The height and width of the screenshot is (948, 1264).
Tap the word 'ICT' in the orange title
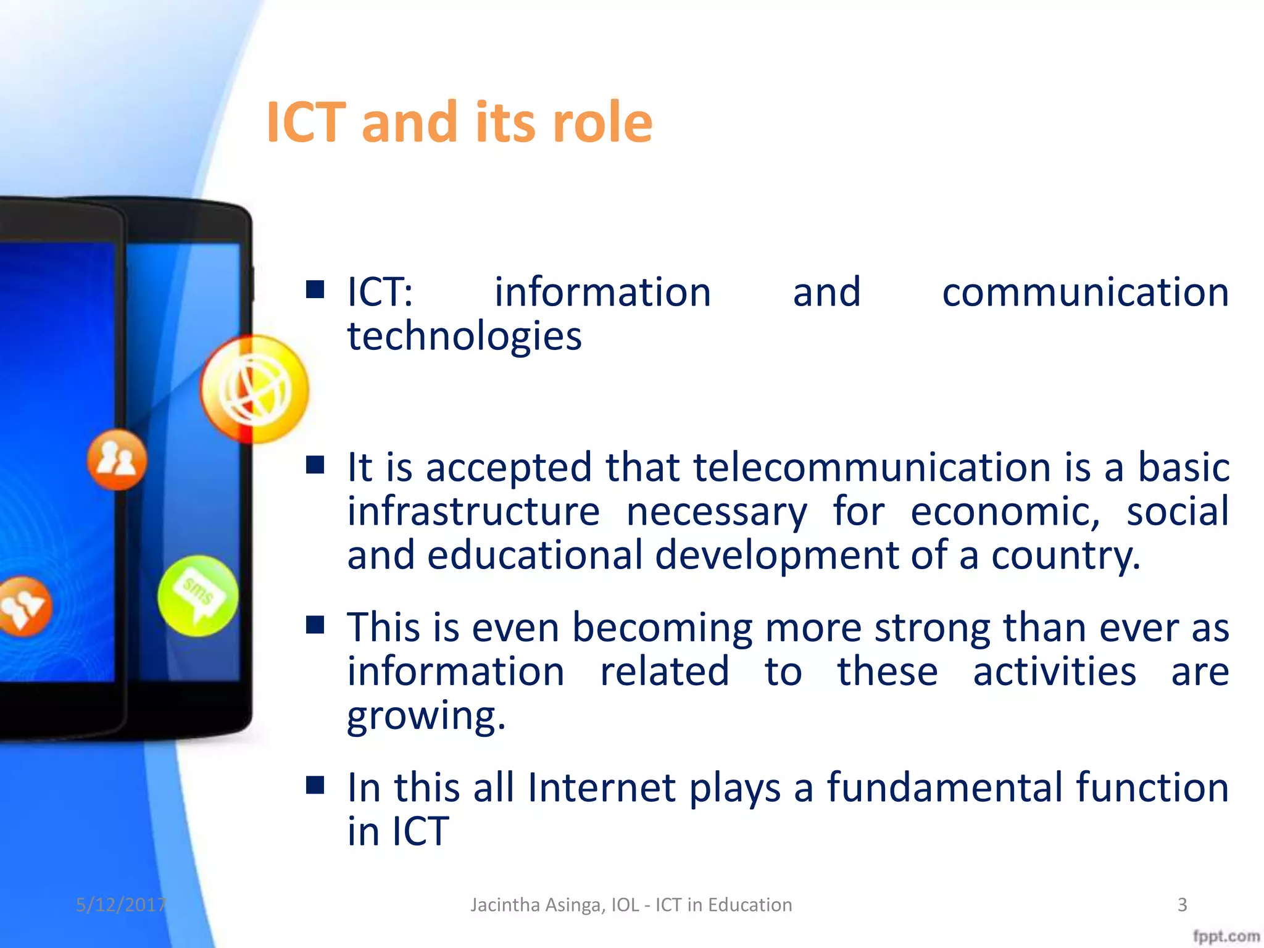point(305,122)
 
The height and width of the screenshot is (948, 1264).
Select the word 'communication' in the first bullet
point(1085,292)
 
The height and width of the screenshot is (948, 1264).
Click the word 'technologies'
point(464,336)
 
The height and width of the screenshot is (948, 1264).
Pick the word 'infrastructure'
point(473,512)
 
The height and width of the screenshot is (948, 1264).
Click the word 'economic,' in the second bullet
point(1005,512)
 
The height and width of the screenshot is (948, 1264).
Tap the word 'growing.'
point(426,716)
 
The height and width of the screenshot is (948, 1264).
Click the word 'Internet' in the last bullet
point(602,788)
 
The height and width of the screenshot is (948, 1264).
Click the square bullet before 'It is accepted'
point(315,465)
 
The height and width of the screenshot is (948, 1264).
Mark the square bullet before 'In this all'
point(315,785)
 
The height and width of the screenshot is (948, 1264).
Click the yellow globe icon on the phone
point(254,389)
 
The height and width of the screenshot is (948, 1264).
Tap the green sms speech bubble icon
point(197,596)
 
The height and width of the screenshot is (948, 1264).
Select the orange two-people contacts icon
point(117,460)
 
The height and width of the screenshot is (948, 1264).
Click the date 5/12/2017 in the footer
point(121,905)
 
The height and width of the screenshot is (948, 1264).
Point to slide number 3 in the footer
point(1182,905)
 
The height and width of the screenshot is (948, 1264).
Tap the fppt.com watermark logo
point(1226,936)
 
